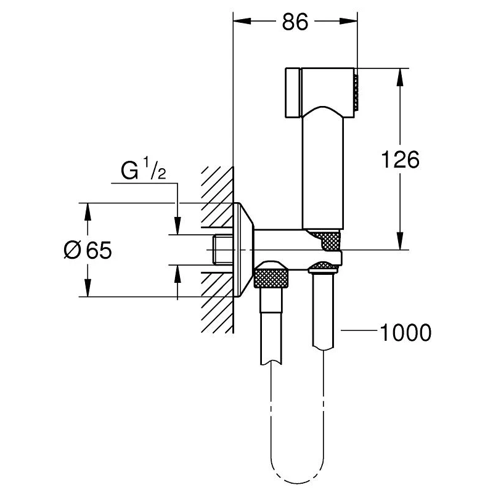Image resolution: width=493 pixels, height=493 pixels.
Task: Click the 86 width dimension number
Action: coord(295,23)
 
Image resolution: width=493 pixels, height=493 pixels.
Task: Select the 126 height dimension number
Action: coord(399,160)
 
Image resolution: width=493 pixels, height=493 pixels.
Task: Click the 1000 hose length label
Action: coord(404,333)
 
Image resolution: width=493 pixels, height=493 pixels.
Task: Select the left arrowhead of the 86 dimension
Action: coord(241,23)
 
